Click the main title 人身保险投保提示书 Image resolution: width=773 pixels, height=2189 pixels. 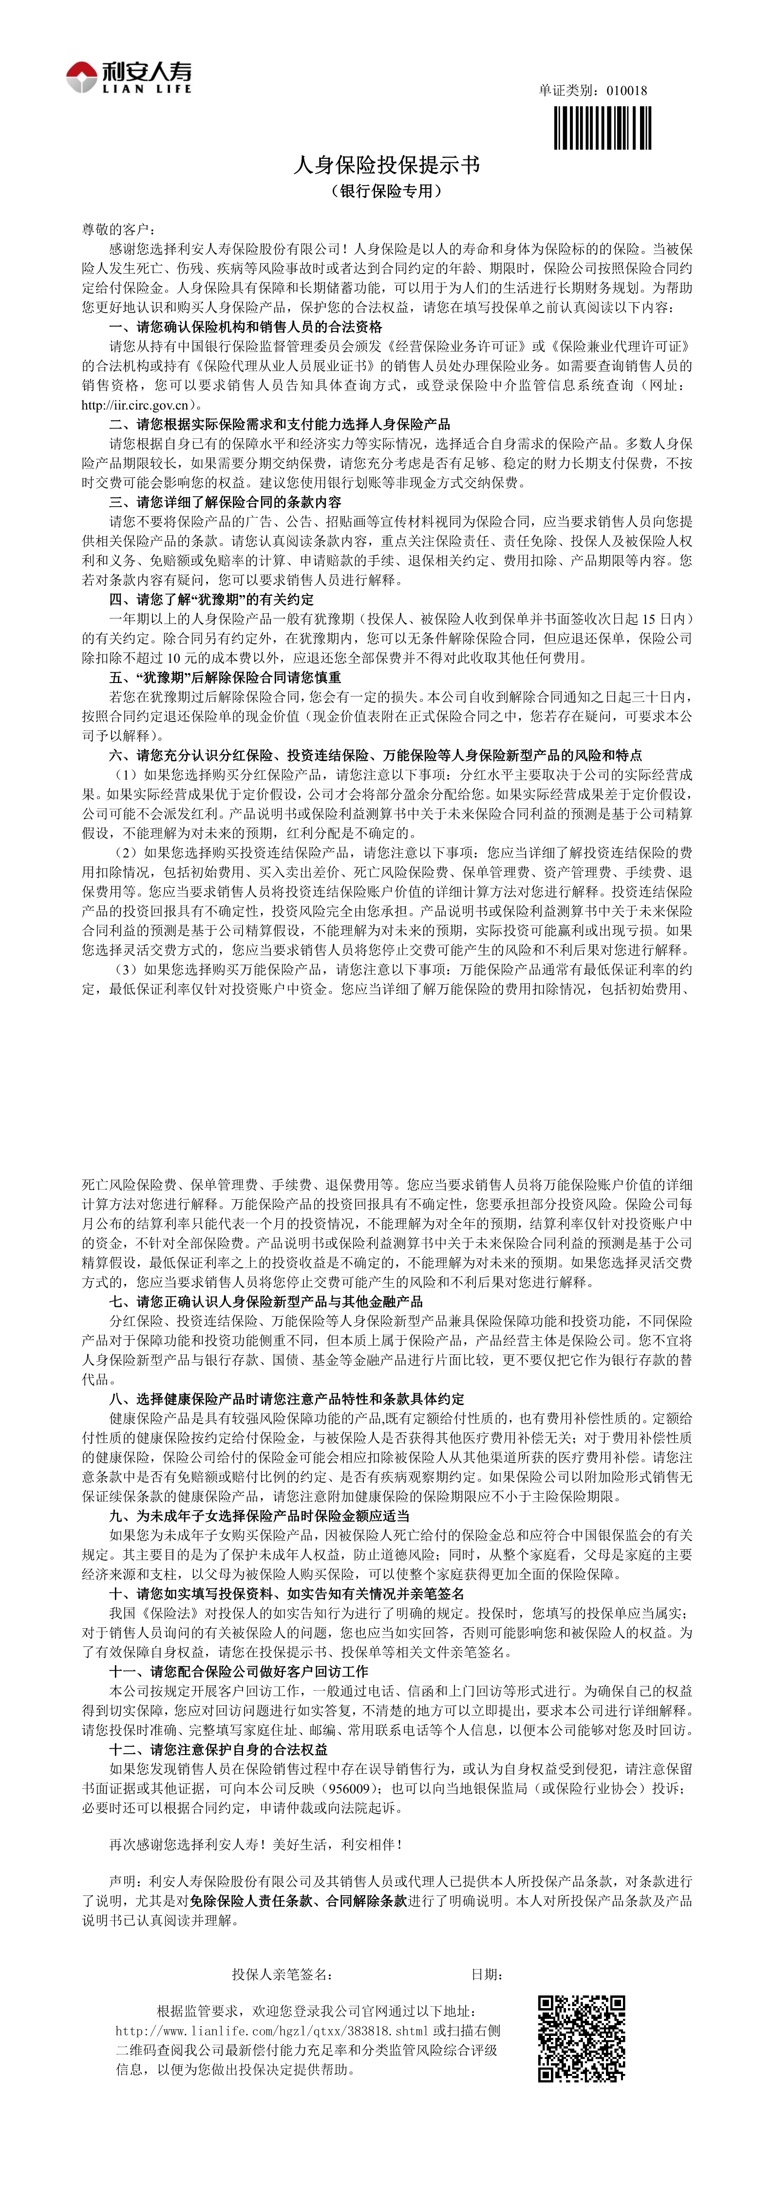pos(387,165)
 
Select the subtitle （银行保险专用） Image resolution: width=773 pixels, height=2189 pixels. pos(387,191)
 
